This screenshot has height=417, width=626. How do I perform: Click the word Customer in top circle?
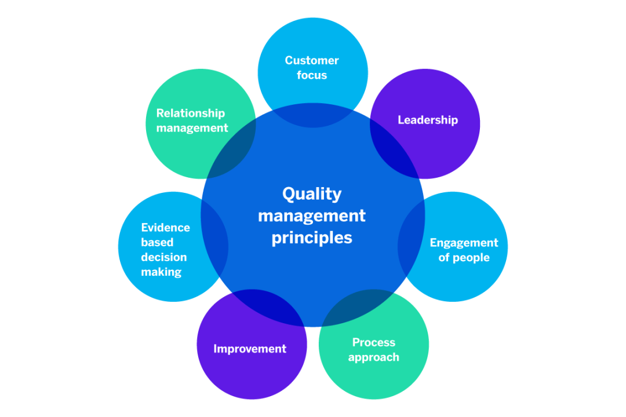click(312, 60)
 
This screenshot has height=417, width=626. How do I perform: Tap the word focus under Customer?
click(312, 75)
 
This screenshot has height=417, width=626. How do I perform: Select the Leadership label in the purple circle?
click(428, 120)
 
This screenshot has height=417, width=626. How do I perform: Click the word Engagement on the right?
click(464, 243)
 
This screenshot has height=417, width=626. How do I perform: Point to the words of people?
click(464, 258)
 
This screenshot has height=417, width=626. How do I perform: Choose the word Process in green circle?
click(374, 342)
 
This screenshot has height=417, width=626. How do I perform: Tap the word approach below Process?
click(374, 357)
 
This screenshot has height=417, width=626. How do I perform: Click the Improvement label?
click(250, 349)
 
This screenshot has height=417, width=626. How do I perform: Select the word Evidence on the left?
click(165, 228)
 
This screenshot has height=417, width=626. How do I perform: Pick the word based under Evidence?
click(157, 243)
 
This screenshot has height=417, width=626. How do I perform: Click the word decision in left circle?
click(164, 257)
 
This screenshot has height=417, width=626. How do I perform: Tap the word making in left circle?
click(161, 272)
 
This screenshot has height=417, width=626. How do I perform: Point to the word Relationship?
click(190, 114)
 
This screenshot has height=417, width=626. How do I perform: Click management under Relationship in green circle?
click(192, 129)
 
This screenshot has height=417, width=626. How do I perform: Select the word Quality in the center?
click(312, 193)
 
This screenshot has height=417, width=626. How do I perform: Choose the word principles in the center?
click(312, 237)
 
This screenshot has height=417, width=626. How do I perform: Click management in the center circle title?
click(312, 216)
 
